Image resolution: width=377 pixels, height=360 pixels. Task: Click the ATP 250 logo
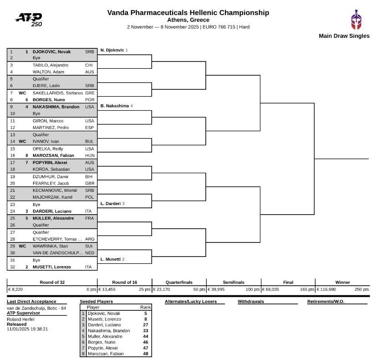[29, 19]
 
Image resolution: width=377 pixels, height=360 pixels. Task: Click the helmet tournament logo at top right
[356, 20]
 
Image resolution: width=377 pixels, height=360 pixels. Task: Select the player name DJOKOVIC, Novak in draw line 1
[51, 51]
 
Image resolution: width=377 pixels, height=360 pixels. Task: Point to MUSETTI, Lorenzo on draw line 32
[52, 267]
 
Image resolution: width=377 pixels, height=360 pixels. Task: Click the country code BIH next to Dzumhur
[89, 176]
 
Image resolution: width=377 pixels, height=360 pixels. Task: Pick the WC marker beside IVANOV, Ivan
[22, 142]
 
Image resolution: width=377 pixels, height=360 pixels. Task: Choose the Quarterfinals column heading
[179, 282]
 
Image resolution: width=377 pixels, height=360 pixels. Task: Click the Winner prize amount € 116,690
[326, 289]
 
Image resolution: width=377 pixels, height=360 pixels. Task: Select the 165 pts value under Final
[307, 289]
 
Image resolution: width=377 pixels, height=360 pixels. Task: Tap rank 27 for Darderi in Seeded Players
[145, 325]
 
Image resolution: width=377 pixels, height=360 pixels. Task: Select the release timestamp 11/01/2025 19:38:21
[27, 329]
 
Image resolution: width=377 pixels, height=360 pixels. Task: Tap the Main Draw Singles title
[344, 36]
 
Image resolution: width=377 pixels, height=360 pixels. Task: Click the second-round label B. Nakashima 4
[117, 106]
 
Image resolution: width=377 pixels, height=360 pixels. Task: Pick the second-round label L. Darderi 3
[112, 204]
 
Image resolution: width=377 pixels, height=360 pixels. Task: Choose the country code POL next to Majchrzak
[89, 197]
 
